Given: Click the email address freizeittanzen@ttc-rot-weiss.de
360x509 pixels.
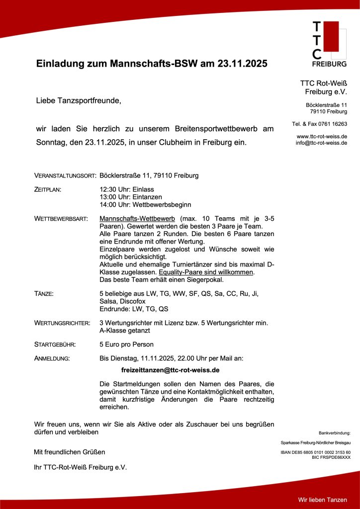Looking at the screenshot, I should tap(171, 370).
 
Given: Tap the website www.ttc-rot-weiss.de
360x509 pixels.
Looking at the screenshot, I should tap(322, 136).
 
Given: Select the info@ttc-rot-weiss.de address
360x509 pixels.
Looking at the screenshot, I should tap(321, 143).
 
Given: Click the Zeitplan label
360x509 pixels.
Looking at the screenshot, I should tap(48, 190).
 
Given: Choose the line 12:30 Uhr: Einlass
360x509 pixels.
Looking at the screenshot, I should tap(127, 189).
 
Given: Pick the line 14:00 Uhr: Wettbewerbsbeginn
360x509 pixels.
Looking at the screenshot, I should tap(145, 204).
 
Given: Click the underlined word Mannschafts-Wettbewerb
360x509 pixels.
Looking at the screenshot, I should tap(137, 219).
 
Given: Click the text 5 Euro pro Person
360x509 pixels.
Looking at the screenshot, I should tap(126, 344).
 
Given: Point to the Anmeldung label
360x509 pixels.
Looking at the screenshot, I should tap(52, 358).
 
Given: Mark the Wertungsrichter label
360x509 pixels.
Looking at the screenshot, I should tap(62, 324).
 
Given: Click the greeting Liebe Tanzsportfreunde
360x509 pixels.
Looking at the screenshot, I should tap(79, 101).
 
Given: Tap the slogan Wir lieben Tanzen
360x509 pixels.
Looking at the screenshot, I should tap(322, 499).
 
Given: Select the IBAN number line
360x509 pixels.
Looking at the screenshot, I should tap(316, 452).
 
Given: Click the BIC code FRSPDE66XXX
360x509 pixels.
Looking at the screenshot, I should tap(331, 457).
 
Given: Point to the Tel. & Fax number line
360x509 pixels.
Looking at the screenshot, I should tap(319, 124).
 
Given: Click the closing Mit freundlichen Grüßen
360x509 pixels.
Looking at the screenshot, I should tap(69, 452).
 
